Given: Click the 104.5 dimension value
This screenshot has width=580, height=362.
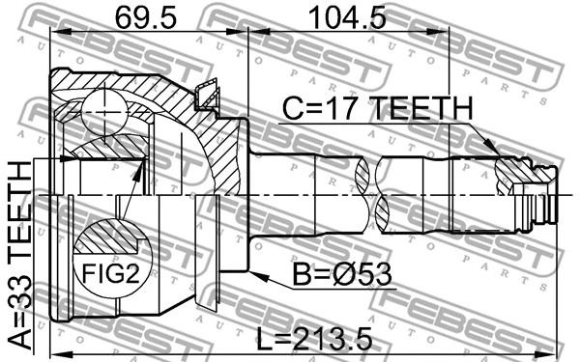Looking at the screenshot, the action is point(348,17).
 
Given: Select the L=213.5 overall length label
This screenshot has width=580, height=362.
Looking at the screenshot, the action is point(314,340).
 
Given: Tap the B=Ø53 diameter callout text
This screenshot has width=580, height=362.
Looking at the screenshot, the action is point(342,274).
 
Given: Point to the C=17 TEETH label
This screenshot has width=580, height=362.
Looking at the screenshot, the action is point(378,108).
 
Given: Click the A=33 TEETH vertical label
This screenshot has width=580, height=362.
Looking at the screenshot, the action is point(20,255).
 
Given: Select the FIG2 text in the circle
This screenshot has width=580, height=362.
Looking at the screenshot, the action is point(111,273).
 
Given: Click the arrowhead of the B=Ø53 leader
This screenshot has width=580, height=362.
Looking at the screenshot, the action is point(258,276).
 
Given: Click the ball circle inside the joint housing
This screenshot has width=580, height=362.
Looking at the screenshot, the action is point(104,108).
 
